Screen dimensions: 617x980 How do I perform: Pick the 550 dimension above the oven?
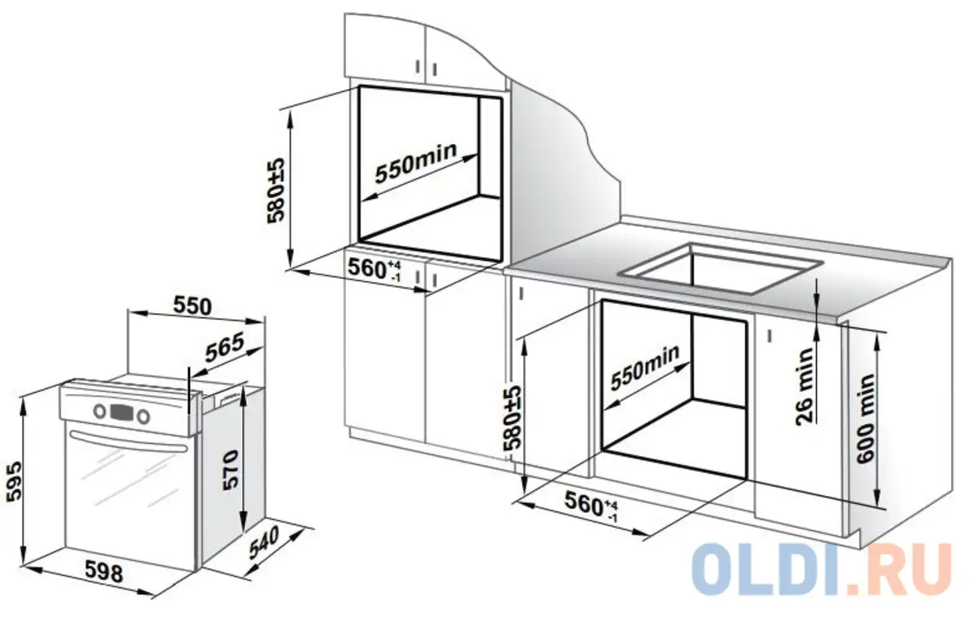[191, 305]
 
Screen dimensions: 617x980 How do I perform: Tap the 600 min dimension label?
[866, 417]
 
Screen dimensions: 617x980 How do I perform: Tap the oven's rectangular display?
[122, 412]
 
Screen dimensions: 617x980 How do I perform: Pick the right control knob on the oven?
[143, 416]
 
